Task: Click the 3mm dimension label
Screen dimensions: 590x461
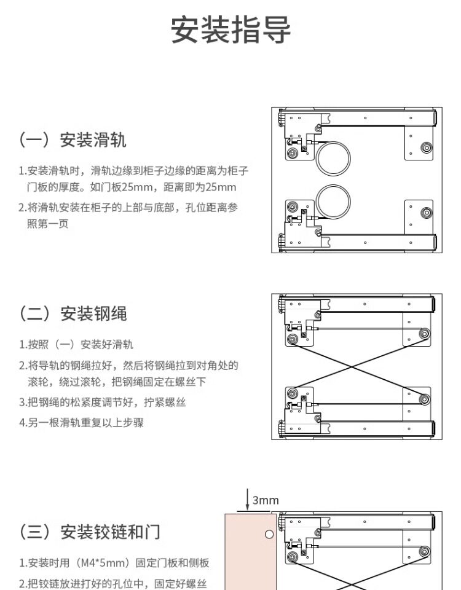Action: tap(266, 500)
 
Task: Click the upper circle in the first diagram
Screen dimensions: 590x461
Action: tap(333, 157)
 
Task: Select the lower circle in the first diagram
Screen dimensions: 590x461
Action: tap(333, 201)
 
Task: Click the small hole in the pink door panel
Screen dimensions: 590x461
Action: tap(269, 534)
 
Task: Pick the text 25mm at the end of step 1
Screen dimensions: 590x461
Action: tap(221, 187)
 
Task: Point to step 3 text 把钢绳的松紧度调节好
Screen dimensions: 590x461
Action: tap(102, 403)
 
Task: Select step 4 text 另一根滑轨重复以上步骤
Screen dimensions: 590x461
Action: tap(81, 423)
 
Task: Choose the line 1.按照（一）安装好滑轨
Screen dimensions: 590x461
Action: tap(76, 345)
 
